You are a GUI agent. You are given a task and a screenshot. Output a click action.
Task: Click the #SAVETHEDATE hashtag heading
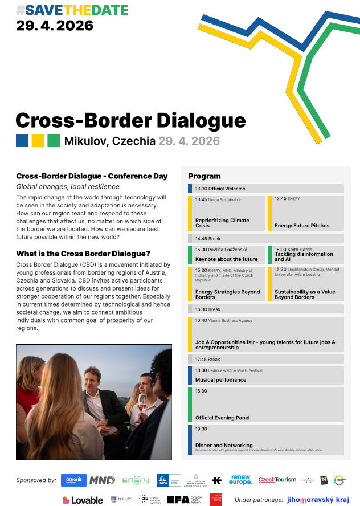pos(72,10)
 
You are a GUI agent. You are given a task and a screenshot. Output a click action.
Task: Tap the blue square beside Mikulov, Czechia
pos(22,140)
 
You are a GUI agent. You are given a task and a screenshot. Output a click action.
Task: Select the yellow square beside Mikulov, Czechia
pos(38,140)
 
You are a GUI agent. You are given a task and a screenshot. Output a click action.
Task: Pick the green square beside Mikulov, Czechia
pos(54,140)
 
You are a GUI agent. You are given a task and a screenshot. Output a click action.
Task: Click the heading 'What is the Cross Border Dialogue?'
pos(83,254)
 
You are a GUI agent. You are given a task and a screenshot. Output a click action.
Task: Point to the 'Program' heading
pos(204,176)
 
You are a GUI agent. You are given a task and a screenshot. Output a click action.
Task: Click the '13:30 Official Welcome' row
pos(220,189)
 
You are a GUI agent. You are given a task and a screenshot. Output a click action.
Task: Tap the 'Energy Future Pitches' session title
pos(302,226)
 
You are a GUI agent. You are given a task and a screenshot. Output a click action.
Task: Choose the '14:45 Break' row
pos(208,239)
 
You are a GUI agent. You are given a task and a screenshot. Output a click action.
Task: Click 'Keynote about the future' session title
pos(226,259)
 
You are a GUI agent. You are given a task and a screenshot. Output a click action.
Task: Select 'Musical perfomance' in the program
pos(220,380)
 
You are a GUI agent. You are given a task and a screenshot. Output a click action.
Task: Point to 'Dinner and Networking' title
pos(224,446)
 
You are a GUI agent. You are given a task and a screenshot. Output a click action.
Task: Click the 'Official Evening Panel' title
pos(222,418)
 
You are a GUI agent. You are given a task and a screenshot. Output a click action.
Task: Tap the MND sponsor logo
pos(102,480)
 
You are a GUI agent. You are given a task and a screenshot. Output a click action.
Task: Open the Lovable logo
pos(83,500)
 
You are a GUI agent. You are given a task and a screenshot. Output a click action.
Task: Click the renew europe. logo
pos(240,480)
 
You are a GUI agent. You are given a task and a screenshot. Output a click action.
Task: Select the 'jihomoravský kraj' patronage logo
pos(318,500)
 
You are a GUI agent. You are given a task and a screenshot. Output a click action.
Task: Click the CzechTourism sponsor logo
pos(277,480)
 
